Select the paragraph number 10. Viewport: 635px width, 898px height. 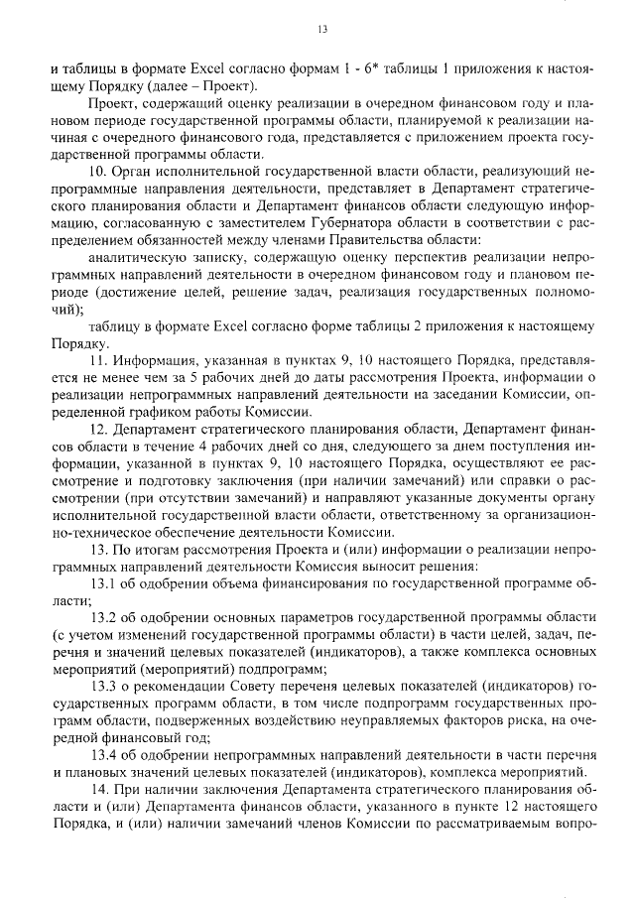pos(97,171)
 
